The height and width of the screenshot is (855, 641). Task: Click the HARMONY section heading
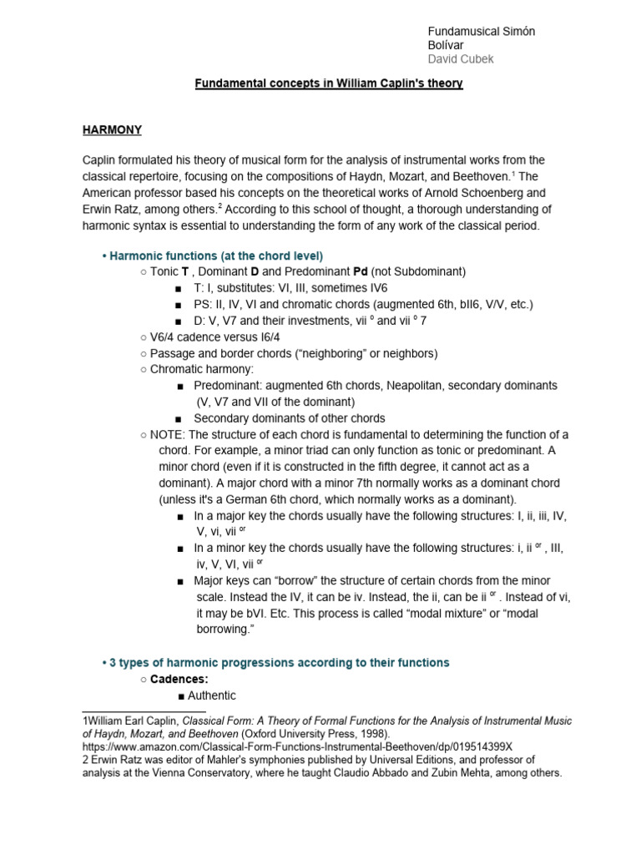pos(112,130)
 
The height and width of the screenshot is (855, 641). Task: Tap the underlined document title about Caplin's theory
pos(328,84)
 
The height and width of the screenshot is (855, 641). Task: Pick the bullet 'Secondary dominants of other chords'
pos(289,418)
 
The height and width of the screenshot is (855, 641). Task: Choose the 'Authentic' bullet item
pos(211,696)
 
